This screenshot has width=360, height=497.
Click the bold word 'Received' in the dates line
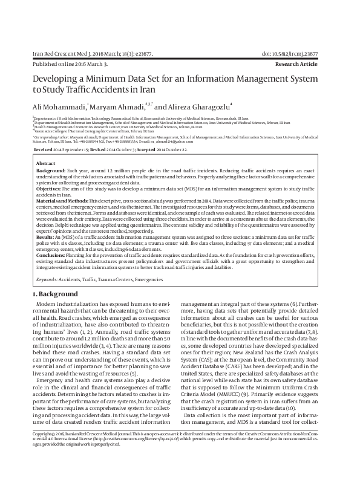(43, 149)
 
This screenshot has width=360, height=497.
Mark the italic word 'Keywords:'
(48, 280)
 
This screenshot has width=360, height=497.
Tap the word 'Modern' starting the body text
(48, 302)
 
